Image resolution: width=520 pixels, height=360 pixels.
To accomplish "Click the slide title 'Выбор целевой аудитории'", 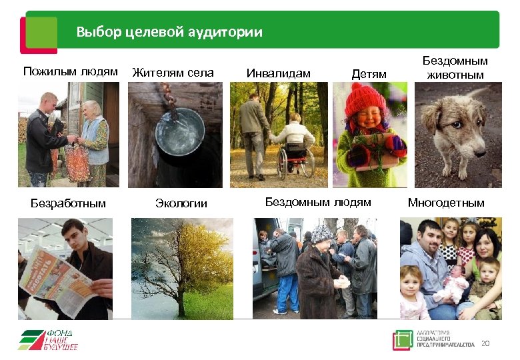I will [x=169, y=31].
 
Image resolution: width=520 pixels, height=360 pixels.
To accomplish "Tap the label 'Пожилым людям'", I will [x=71, y=71].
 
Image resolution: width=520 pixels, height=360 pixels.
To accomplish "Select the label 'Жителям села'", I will [x=173, y=73].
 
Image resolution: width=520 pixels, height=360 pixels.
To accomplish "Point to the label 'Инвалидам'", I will [x=279, y=73].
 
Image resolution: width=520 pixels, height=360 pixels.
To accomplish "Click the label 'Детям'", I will [x=369, y=74].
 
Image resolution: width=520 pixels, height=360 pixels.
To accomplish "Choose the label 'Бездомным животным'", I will [x=455, y=67].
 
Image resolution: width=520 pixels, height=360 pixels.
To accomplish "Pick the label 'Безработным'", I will [x=69, y=203].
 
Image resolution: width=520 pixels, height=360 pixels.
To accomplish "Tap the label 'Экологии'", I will [x=181, y=203].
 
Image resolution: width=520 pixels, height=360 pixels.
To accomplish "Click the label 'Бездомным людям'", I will [x=318, y=201].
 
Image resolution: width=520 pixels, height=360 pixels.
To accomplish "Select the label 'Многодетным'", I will [x=446, y=202].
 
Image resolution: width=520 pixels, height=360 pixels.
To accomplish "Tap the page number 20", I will [x=485, y=343].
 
